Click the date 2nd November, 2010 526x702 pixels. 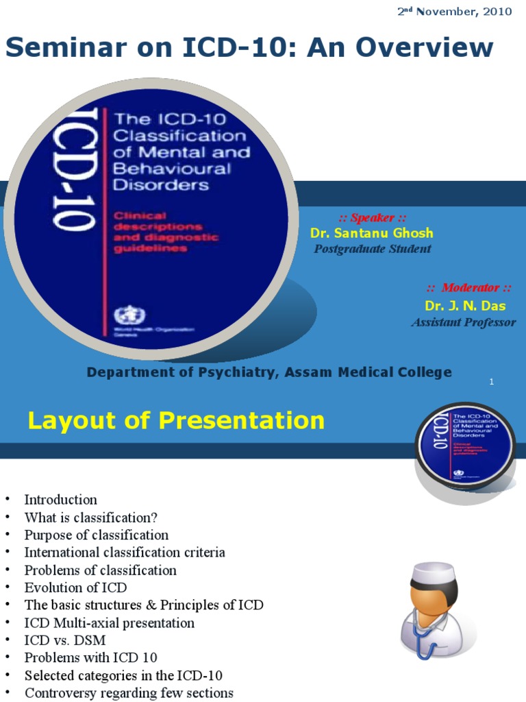click(455, 12)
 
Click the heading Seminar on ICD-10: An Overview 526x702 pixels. click(249, 48)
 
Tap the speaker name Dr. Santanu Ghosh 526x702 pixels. click(371, 233)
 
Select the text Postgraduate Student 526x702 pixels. click(373, 249)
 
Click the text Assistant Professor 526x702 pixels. click(463, 322)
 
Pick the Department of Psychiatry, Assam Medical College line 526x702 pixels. click(269, 372)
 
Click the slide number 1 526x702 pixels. click(492, 382)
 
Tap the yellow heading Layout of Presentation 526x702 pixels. click(176, 420)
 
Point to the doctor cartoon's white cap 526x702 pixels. click(433, 572)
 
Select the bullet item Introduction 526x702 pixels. click(61, 500)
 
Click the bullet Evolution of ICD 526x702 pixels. click(75, 588)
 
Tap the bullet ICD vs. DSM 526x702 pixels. click(65, 640)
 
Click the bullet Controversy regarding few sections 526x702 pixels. click(129, 693)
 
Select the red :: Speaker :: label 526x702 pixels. click(367, 218)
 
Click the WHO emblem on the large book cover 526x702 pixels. click(125, 316)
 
